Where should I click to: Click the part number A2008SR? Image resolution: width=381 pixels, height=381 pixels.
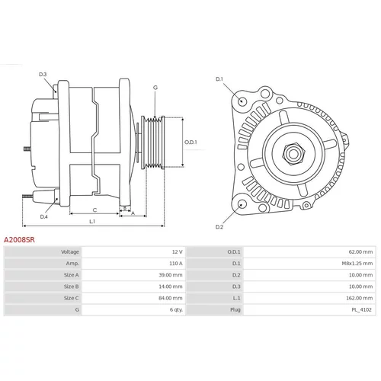(x=19, y=240)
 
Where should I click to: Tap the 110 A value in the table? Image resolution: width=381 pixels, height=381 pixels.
(x=176, y=264)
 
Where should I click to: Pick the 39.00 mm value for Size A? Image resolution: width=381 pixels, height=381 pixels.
(x=171, y=275)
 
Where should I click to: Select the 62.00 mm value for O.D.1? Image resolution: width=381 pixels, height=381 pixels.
(x=360, y=252)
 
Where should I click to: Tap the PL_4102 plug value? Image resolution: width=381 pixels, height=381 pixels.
(x=361, y=310)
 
